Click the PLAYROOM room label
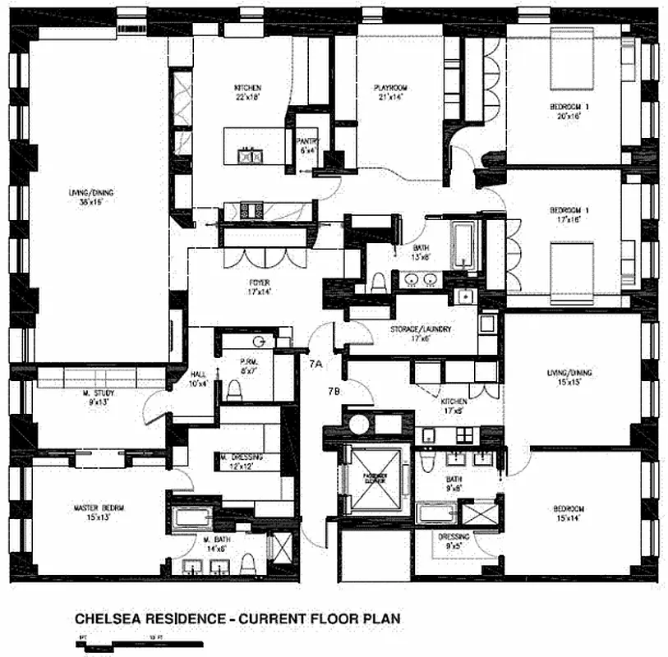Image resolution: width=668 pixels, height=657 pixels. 391,88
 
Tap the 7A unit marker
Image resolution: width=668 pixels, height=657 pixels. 316,361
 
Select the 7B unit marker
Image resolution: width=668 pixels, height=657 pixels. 334,391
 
